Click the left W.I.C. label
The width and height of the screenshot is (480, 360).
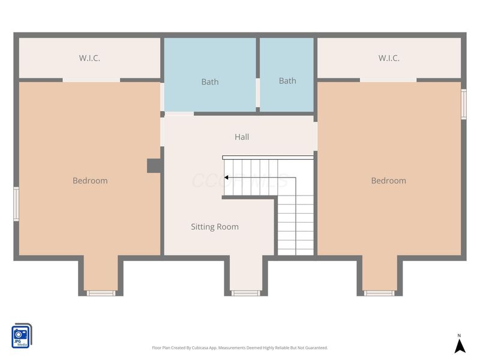coord(89,58)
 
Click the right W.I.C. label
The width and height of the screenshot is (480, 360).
coord(389,58)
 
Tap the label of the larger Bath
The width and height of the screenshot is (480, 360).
coord(210,82)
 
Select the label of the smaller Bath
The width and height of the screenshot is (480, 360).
coord(287,81)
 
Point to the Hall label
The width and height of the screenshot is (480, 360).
coord(242,137)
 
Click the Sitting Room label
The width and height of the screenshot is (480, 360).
coord(215,227)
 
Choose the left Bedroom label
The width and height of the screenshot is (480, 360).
coord(90,181)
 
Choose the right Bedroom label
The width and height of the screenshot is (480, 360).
coord(388,181)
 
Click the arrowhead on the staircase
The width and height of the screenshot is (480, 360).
coord(227,178)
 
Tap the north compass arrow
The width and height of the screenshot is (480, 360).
coord(460,346)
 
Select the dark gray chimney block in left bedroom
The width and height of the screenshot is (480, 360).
coord(154,166)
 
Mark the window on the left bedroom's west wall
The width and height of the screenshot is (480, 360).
coord(16,204)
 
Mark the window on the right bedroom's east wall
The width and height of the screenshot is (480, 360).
coord(463,104)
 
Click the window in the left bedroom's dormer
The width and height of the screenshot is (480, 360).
coord(101,293)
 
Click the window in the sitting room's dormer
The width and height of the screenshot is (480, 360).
coord(246,293)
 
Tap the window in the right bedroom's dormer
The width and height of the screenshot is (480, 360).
coord(379,293)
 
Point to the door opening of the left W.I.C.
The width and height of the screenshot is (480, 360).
coord(91,80)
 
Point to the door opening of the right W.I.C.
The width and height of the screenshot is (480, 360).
coord(388,80)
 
